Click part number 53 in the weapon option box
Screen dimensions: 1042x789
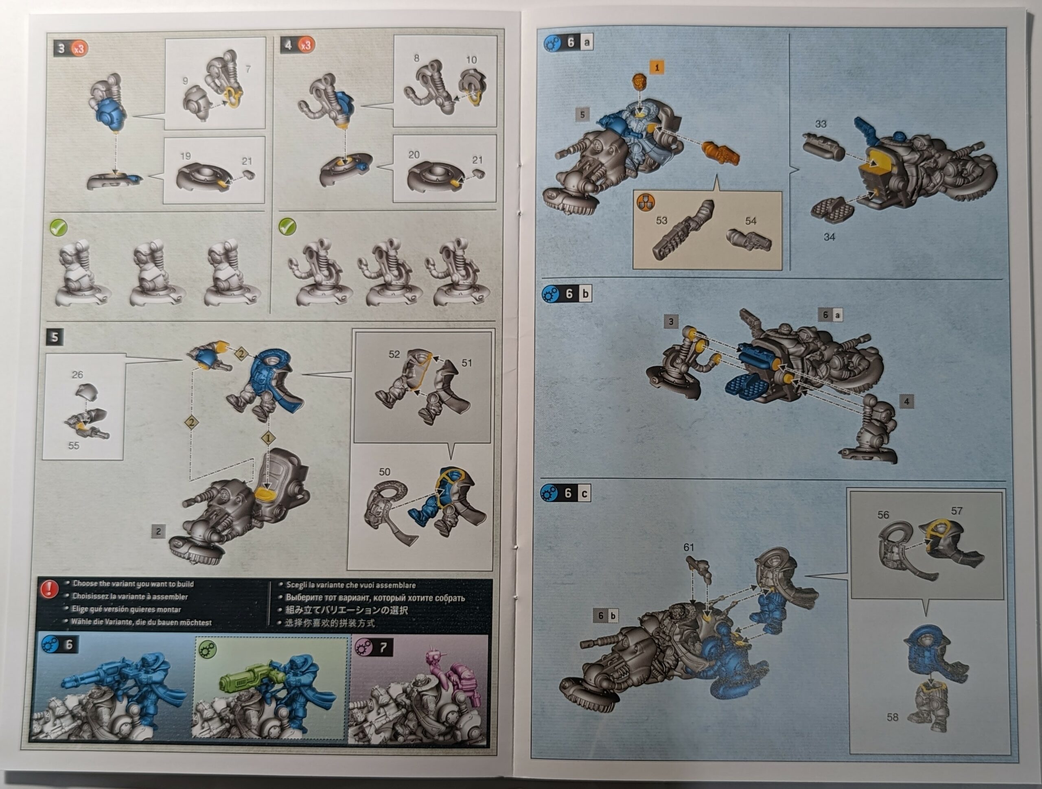(661, 220)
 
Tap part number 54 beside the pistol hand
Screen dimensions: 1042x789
(751, 221)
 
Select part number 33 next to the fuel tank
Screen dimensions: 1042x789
(821, 124)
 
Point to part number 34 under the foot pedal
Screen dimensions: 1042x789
(829, 237)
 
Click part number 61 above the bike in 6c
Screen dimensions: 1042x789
(689, 547)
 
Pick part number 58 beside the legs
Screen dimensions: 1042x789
(892, 717)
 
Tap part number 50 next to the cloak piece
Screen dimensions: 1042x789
(384, 472)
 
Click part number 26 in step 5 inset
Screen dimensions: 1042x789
(77, 374)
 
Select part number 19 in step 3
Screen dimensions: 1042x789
(185, 156)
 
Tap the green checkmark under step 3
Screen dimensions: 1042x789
(59, 228)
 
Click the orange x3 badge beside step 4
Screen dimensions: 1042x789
(306, 45)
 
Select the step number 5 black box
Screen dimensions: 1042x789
(55, 337)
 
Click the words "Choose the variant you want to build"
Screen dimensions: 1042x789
(134, 584)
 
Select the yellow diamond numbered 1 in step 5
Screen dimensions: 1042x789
(268, 439)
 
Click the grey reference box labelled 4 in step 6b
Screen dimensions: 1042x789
(906, 402)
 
